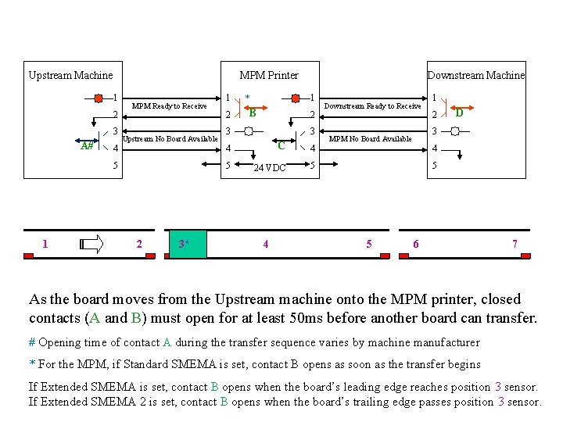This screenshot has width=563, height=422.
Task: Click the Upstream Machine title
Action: click(x=70, y=76)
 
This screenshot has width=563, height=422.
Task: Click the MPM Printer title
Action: click(x=268, y=76)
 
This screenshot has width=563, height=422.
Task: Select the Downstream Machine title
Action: click(x=475, y=76)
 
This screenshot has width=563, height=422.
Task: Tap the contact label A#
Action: click(x=87, y=145)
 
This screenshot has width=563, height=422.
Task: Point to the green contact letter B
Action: click(x=253, y=113)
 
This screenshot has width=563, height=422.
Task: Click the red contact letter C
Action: click(x=281, y=145)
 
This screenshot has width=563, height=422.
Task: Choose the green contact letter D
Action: click(x=460, y=113)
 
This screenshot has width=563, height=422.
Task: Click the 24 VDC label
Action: click(x=270, y=168)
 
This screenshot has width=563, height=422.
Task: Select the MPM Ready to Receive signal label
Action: click(x=169, y=106)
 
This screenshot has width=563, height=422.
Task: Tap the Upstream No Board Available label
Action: click(x=170, y=139)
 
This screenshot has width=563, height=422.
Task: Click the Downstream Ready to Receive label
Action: click(x=372, y=106)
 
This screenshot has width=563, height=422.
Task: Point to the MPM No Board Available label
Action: click(x=370, y=139)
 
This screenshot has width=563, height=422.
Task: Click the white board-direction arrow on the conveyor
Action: click(x=91, y=245)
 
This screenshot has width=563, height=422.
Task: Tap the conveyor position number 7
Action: click(x=514, y=245)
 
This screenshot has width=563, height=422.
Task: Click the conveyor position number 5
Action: click(x=369, y=245)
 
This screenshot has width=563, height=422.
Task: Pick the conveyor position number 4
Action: click(x=266, y=245)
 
